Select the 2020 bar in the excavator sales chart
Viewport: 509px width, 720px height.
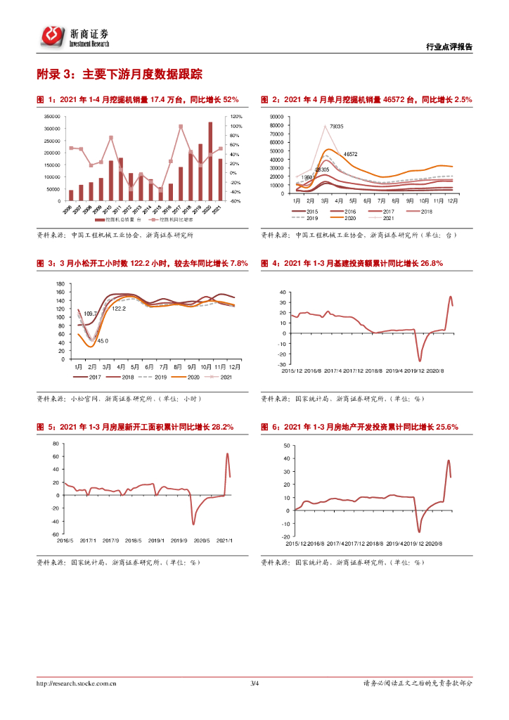pos(210,161)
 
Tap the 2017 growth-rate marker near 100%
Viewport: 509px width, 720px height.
pos(181,127)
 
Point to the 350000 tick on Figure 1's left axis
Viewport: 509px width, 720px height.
pos(51,117)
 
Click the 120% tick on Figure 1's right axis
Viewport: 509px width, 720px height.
pos(236,117)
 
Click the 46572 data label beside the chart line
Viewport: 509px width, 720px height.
pos(349,154)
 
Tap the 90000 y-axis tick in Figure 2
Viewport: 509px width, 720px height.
pos(275,117)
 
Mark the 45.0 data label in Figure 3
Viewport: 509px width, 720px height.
pos(103,340)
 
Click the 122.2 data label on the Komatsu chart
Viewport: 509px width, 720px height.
pos(119,309)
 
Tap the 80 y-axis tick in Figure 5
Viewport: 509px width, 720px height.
pos(56,444)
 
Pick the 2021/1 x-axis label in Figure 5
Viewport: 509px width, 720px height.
pos(224,540)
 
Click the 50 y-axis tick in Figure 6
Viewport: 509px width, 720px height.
pos(285,445)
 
